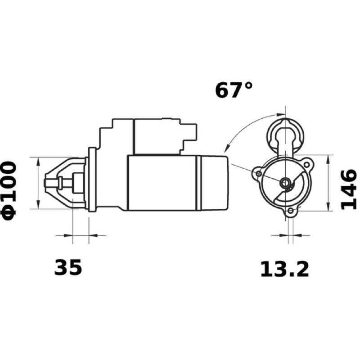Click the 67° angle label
(x=234, y=90)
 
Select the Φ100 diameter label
(x=9, y=191)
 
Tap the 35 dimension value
(x=68, y=267)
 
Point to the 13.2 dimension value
(x=284, y=269)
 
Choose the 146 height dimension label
(x=349, y=190)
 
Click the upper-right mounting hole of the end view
(x=306, y=165)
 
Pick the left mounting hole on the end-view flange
(x=259, y=173)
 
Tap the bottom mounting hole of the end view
(x=291, y=211)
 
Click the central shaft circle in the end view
(x=285, y=183)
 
